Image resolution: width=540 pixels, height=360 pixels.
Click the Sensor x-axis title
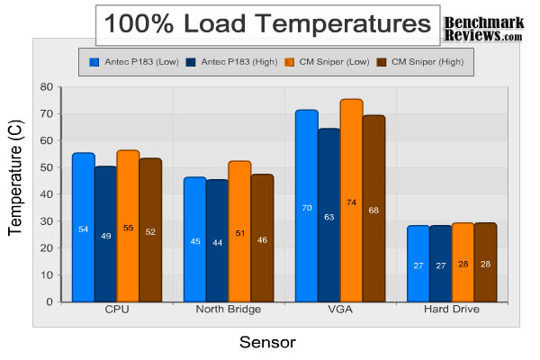267,342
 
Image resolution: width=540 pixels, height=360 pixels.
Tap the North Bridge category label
229,310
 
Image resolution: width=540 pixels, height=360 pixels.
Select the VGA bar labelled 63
328,215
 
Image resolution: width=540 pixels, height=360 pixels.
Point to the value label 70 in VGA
306,208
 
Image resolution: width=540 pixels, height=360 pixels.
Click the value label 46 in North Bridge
262,241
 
